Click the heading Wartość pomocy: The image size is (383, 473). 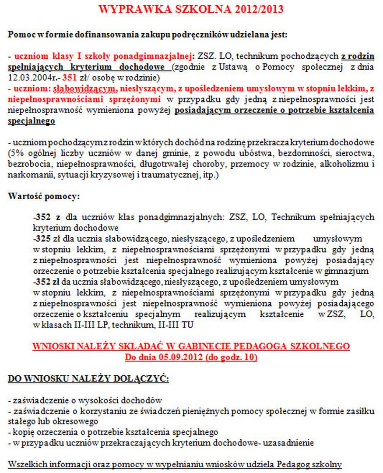click(44, 196)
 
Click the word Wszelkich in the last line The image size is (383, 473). click(26, 464)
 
